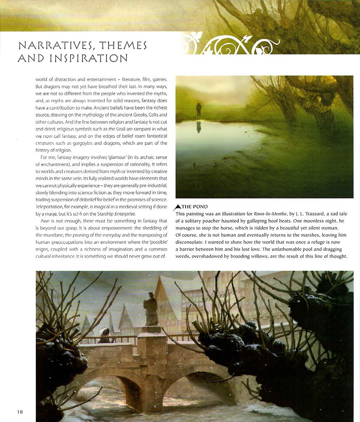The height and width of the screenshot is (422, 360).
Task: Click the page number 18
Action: [20, 412]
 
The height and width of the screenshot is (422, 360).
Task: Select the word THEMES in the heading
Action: [124, 45]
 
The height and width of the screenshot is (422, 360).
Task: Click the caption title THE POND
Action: [195, 206]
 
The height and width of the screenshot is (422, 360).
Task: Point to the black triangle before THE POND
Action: [178, 207]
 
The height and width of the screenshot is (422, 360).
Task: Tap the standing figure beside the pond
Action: [198, 109]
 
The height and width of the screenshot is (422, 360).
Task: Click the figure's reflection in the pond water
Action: [199, 127]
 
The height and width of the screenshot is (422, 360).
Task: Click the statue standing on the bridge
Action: [151, 309]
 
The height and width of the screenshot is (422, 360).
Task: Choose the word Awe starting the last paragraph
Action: [45, 221]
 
